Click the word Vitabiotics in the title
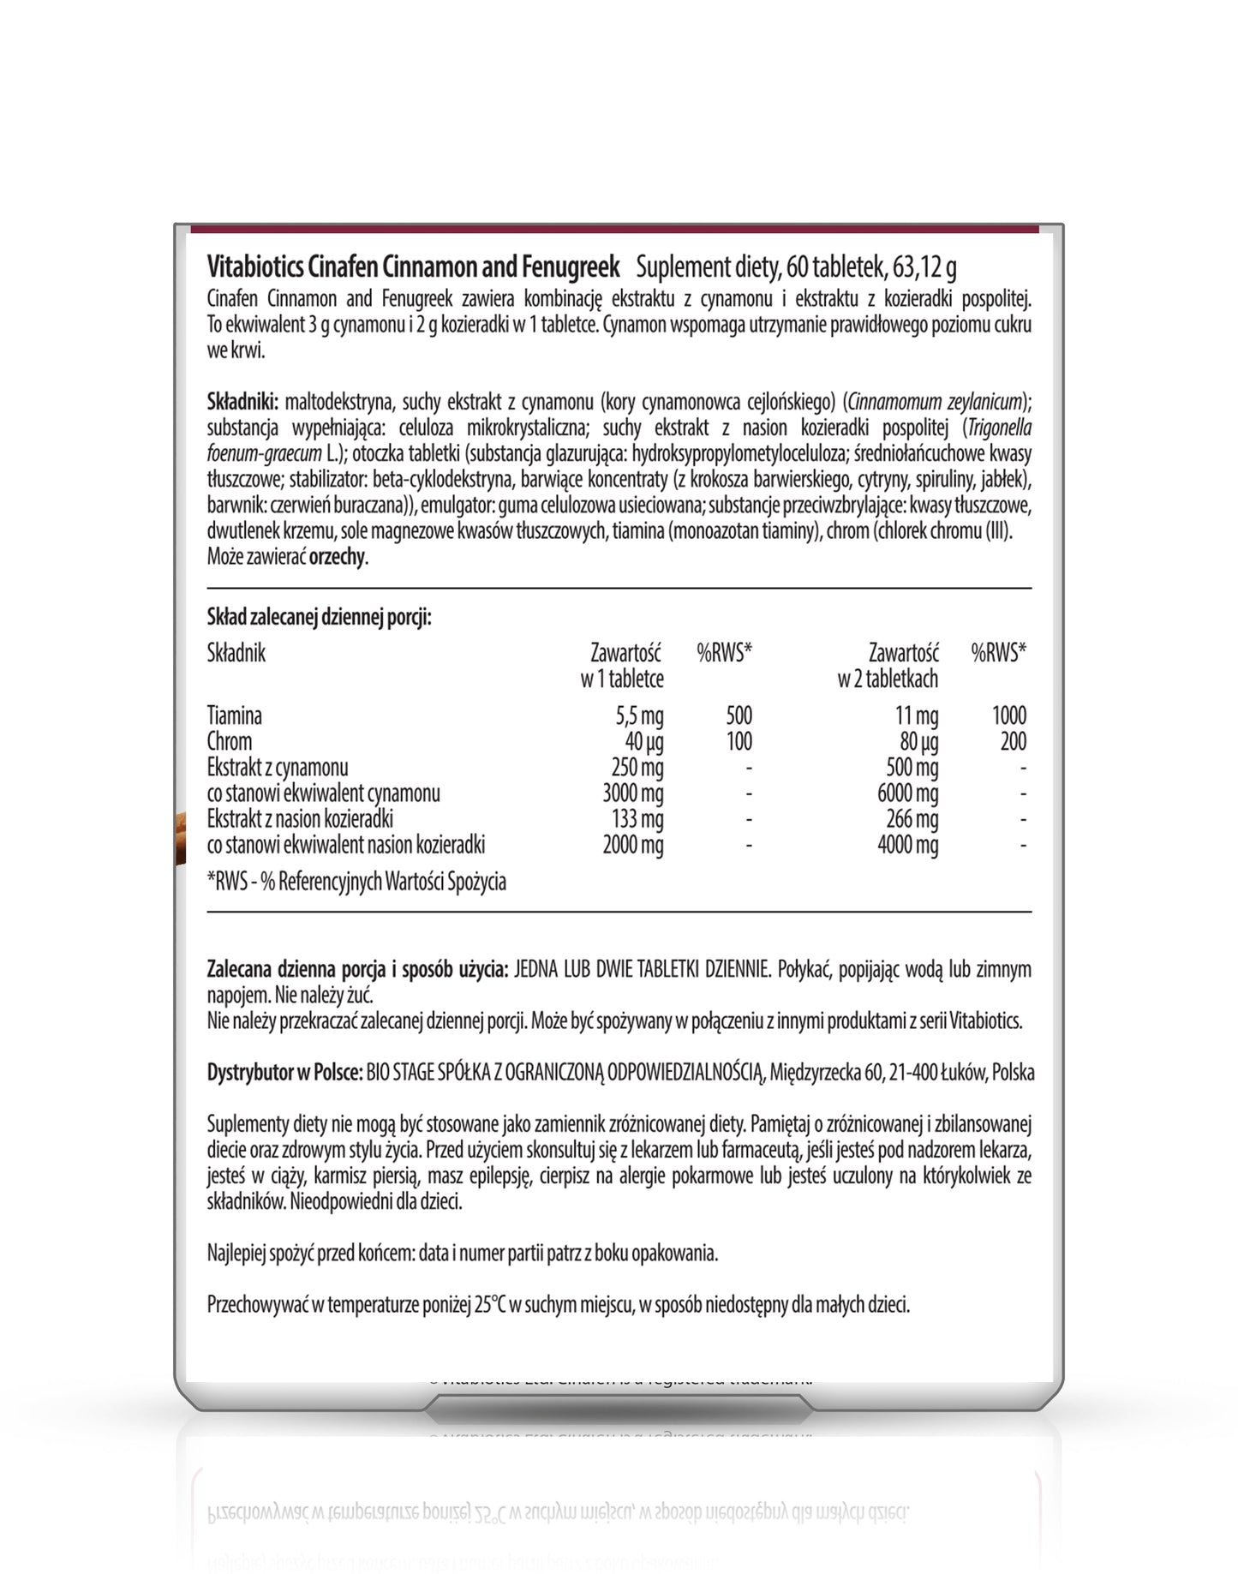click(254, 267)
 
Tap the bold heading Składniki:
click(242, 402)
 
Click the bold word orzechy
click(338, 557)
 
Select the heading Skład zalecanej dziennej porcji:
click(319, 617)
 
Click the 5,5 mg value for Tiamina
click(639, 715)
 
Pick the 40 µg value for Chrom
click(644, 741)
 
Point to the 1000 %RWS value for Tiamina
click(1008, 715)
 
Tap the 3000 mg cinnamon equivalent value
click(632, 793)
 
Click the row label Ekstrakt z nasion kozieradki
click(300, 819)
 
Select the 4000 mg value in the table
click(907, 845)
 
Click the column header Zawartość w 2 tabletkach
click(888, 666)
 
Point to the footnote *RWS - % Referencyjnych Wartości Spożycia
click(356, 882)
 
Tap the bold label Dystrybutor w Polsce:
click(284, 1073)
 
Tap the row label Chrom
click(230, 741)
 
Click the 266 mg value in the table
click(912, 819)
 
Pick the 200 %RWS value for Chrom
click(1013, 741)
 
